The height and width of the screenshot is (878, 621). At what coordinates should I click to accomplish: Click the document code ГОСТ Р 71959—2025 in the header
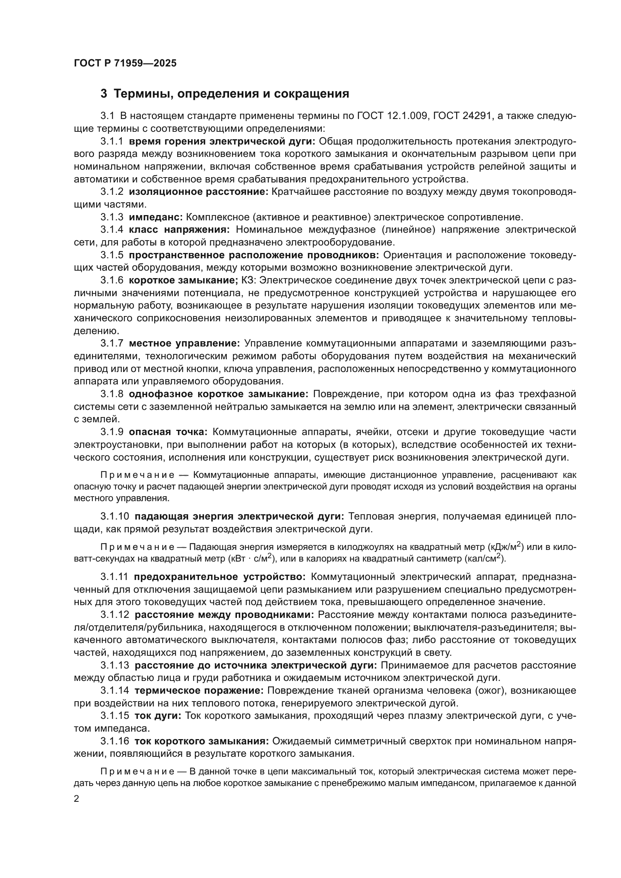(x=125, y=63)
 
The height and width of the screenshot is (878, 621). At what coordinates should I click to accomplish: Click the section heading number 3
(x=104, y=94)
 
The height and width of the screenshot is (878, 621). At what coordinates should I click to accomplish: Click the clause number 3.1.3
(x=112, y=217)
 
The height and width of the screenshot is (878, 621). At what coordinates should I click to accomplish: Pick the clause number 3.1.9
(x=112, y=432)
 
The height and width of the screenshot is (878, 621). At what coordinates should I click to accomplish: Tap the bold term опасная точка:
(x=168, y=432)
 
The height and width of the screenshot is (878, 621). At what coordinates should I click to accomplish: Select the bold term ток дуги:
(x=158, y=715)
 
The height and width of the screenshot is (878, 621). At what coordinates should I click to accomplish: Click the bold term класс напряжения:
(x=179, y=230)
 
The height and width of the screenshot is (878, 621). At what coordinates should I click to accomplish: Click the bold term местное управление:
(x=184, y=343)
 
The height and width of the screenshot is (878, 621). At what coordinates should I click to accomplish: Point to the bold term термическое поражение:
(x=199, y=690)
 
